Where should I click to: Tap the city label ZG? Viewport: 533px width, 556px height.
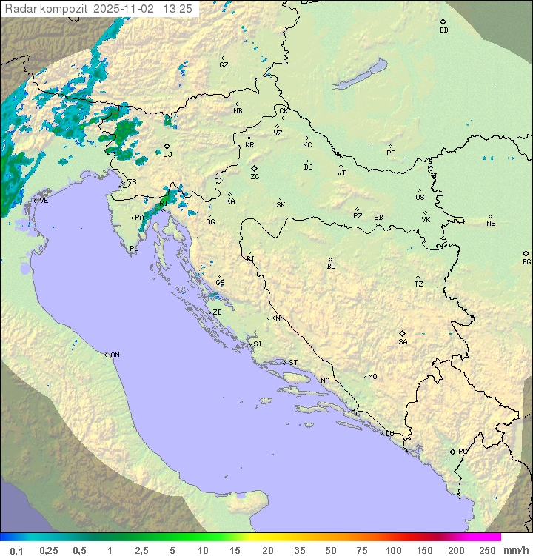(x=255, y=177)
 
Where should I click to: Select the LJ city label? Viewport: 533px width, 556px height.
(x=167, y=154)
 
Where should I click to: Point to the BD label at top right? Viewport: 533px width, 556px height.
(x=443, y=30)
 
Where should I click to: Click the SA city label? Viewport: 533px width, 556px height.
(x=403, y=341)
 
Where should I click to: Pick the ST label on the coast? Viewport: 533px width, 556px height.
(x=293, y=363)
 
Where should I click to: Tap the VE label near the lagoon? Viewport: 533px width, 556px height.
(x=44, y=201)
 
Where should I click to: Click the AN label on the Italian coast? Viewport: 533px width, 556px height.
(x=115, y=355)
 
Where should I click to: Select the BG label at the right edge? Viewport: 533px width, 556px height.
(x=526, y=261)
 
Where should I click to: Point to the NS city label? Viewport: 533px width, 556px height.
(x=491, y=224)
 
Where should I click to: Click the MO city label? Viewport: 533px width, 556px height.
(x=372, y=377)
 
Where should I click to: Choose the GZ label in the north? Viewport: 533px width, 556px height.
(x=224, y=65)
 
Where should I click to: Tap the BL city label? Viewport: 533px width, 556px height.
(x=331, y=266)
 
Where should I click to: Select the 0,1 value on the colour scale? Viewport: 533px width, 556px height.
(x=17, y=550)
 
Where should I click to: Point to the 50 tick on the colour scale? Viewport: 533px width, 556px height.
(x=330, y=550)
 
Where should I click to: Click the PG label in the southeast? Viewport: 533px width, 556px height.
(x=463, y=451)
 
